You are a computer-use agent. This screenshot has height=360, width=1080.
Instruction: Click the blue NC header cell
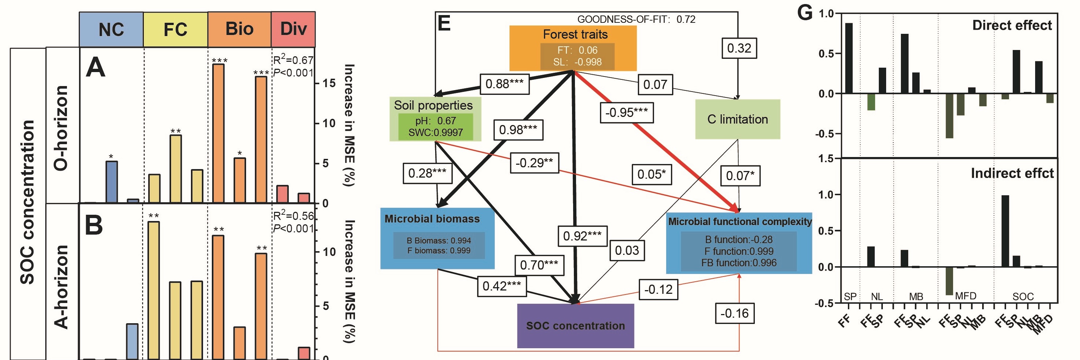tap(111, 29)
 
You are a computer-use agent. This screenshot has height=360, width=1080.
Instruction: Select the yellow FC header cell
tap(175, 29)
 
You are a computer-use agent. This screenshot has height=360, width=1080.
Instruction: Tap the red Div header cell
tap(293, 29)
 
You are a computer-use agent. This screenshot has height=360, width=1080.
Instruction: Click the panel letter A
tap(95, 68)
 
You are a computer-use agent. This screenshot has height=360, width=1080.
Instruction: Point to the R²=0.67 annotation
tap(293, 60)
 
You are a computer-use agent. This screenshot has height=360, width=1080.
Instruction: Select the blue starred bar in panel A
tap(111, 182)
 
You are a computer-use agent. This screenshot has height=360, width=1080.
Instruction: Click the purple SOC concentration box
tap(575, 326)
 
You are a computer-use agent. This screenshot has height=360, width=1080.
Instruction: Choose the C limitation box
tap(738, 120)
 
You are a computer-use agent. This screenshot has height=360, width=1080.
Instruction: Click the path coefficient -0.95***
tap(626, 112)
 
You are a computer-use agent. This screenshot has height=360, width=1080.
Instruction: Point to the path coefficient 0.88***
tap(504, 84)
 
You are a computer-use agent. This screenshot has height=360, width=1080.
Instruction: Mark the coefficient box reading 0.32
tap(739, 48)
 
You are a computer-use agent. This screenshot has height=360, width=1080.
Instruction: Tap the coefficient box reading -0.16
tap(734, 313)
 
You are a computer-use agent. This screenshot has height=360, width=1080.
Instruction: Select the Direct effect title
tap(1012, 25)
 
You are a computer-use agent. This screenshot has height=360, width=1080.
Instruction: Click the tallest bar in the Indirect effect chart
tap(1005, 231)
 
